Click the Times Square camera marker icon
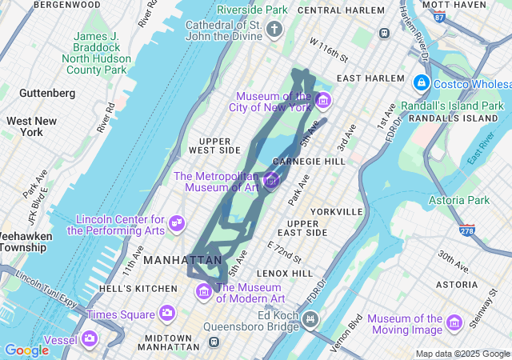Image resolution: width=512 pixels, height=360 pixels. (x=167, y=312)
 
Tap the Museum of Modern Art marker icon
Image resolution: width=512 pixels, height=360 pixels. (x=203, y=292)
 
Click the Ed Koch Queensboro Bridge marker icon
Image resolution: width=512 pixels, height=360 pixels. (x=310, y=320)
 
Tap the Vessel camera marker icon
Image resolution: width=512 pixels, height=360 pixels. (x=90, y=339)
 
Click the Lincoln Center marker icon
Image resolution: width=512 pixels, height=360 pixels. (x=178, y=223)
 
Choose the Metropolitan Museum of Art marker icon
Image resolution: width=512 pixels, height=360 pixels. (x=271, y=182)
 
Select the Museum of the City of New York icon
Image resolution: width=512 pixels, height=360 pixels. (x=323, y=101)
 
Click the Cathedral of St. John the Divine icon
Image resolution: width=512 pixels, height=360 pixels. (x=274, y=31)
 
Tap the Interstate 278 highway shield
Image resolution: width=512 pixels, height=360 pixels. (x=467, y=230)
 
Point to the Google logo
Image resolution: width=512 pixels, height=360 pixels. (x=26, y=350)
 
